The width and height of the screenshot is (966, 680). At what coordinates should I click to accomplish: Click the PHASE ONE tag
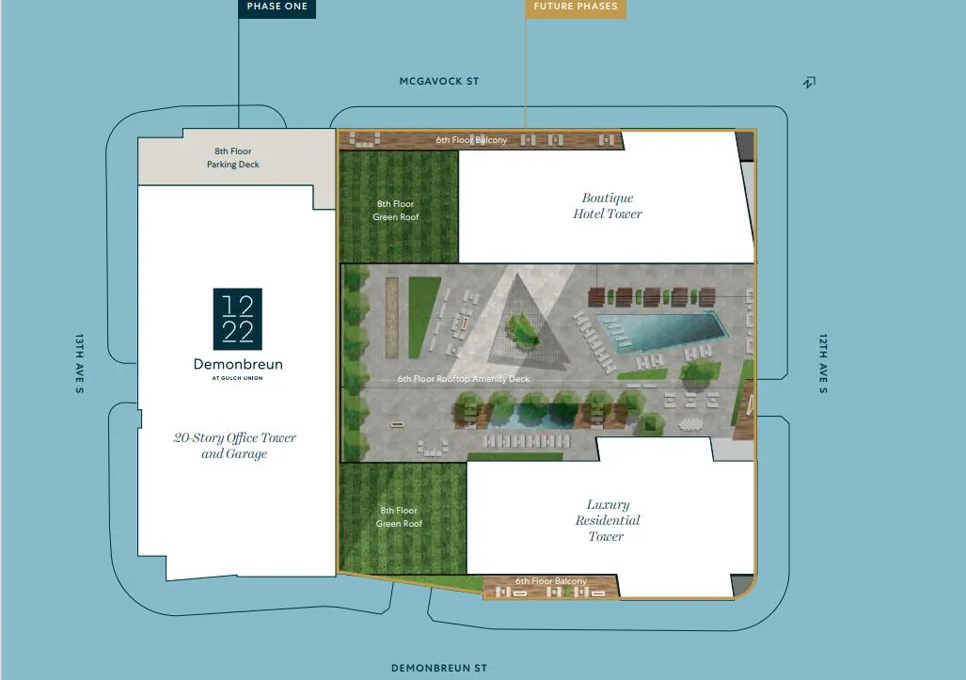[x=277, y=8]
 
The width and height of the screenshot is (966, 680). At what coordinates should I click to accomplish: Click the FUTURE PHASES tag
[x=576, y=8]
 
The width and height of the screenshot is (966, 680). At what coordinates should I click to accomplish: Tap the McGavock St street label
[x=439, y=81]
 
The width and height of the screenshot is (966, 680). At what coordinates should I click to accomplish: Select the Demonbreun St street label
[x=439, y=669]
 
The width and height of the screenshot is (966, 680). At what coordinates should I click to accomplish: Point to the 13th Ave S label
[x=79, y=363]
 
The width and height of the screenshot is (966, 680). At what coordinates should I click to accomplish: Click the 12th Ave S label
[x=823, y=363]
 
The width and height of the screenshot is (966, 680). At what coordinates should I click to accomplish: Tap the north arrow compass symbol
[x=810, y=82]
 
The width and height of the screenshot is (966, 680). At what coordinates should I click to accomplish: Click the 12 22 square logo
[x=238, y=319]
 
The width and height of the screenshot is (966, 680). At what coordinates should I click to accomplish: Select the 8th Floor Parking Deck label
[x=233, y=158]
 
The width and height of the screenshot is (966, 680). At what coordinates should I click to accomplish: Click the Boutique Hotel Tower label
[x=608, y=206]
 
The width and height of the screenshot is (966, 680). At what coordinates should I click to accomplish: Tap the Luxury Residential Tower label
[x=608, y=520]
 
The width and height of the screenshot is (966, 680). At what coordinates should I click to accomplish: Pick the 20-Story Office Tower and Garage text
[x=235, y=445]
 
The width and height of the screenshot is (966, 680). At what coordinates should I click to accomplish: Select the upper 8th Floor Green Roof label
[x=395, y=210]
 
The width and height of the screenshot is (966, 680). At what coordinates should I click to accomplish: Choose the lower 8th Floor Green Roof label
[x=399, y=516]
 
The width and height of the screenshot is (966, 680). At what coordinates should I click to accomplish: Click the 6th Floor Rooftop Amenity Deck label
[x=464, y=379]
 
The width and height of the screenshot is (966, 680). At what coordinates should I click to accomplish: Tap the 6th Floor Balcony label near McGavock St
[x=471, y=140]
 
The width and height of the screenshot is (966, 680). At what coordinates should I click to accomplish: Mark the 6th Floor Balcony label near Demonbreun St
[x=551, y=581]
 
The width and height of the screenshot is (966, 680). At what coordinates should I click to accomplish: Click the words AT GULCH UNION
[x=238, y=378]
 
